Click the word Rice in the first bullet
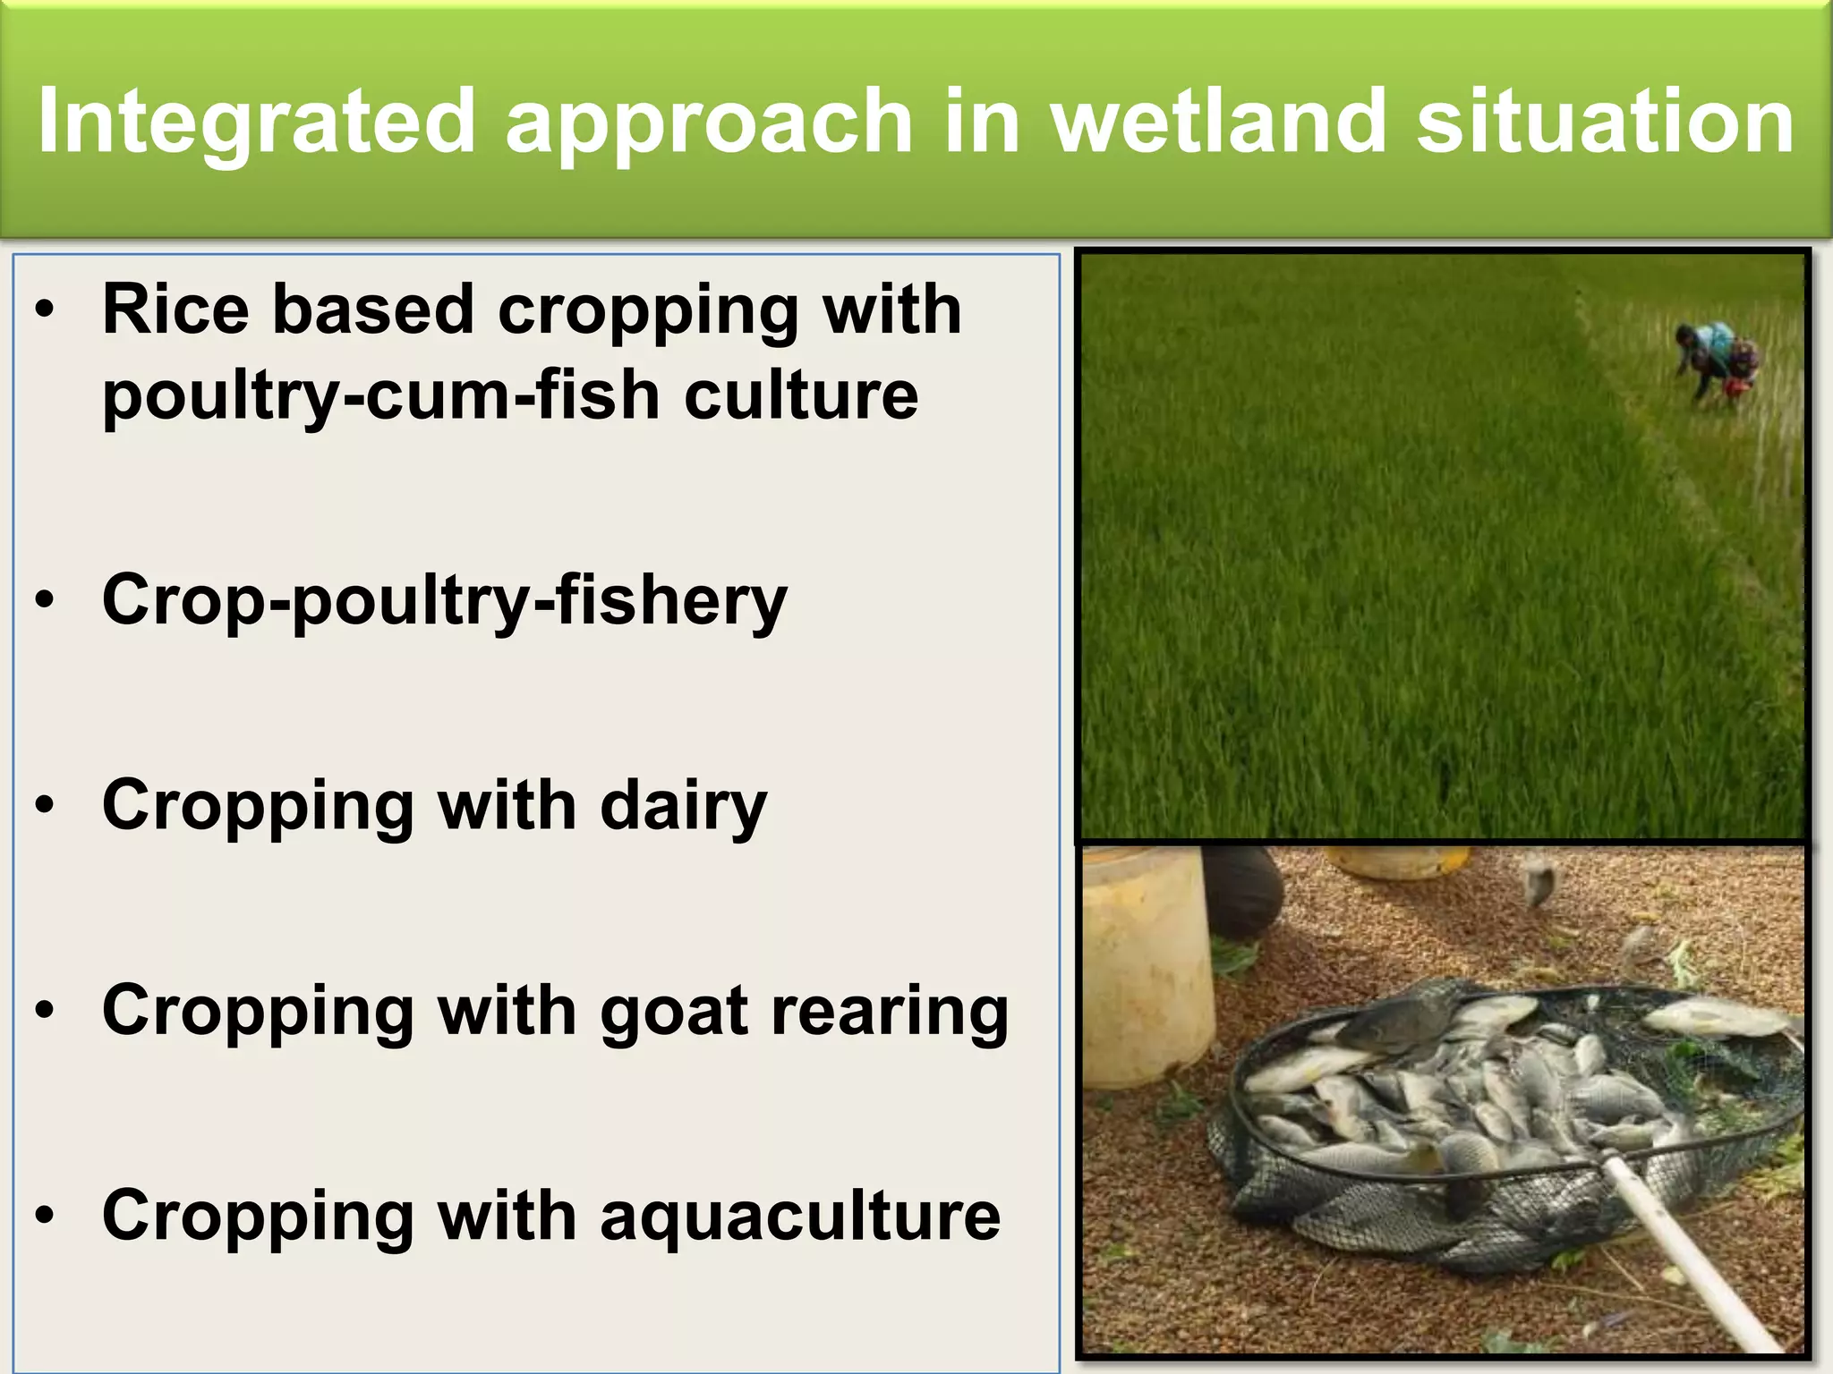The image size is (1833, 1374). tap(175, 310)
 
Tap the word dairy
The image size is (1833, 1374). tap(683, 806)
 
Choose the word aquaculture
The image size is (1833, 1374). tap(800, 1217)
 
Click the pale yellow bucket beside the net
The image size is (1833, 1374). tap(1146, 966)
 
